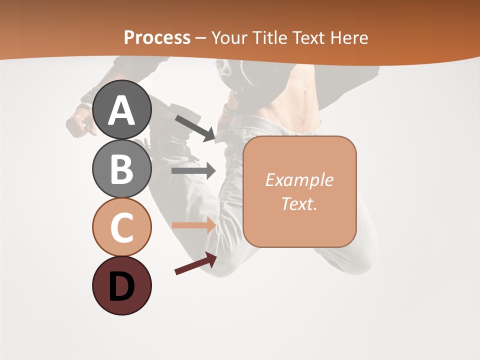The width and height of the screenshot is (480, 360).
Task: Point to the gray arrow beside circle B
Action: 194,170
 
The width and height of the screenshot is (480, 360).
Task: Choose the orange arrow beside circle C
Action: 194,225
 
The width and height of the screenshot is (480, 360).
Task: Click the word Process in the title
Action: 157,37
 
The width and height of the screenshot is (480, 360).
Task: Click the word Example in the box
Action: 299,180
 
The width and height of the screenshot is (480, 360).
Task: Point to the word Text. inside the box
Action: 299,204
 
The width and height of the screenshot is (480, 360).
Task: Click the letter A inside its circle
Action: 121,110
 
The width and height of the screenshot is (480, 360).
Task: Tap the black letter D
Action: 121,286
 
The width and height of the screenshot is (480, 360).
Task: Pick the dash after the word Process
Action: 201,38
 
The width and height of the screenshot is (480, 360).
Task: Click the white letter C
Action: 121,228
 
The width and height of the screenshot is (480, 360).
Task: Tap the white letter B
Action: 121,169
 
